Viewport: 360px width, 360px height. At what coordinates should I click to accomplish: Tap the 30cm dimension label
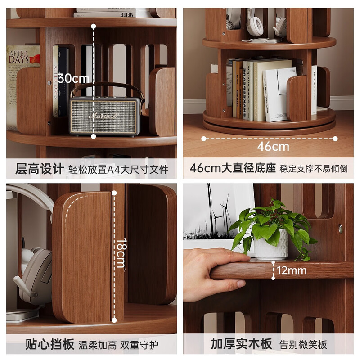74,78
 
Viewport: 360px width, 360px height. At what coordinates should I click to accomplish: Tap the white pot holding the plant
270,245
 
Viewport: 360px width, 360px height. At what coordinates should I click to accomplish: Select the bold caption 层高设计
40,169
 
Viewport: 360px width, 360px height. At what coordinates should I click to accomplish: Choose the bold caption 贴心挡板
49,345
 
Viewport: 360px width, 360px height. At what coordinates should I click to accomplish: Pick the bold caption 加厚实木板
242,345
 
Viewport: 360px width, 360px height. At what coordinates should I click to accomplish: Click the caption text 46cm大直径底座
232,169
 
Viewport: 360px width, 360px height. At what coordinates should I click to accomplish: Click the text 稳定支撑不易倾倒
313,170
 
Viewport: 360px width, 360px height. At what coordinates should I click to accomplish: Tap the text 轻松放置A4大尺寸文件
118,170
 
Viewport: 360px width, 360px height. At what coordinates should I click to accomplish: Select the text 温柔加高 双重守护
117,345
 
